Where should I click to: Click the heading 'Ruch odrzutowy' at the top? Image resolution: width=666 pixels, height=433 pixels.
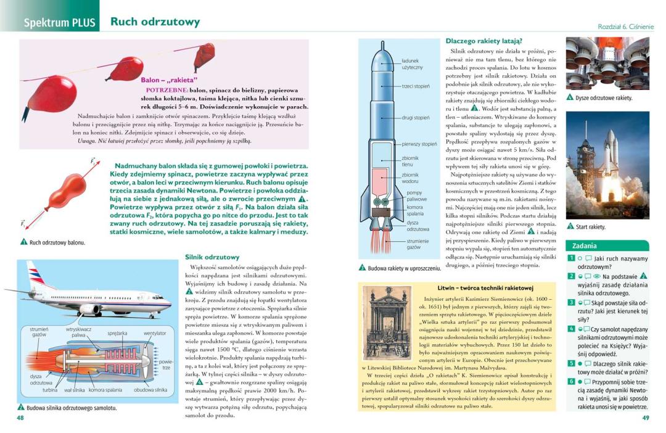[x=155, y=22]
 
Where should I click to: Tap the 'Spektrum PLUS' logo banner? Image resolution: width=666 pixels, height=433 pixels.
[x=59, y=23]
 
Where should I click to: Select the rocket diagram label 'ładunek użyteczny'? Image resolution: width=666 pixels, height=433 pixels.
[x=411, y=64]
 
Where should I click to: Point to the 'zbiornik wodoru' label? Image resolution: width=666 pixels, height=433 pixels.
[x=410, y=178]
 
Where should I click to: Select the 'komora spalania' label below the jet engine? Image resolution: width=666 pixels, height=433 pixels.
[x=105, y=390]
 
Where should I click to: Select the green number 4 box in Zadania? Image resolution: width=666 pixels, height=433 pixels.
[x=572, y=329]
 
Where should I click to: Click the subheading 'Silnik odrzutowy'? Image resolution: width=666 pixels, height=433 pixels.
[x=213, y=257]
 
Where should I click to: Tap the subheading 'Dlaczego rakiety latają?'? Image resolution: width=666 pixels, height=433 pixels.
[x=483, y=41]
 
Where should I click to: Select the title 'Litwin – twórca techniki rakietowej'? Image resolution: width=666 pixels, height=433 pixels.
[x=485, y=288]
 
